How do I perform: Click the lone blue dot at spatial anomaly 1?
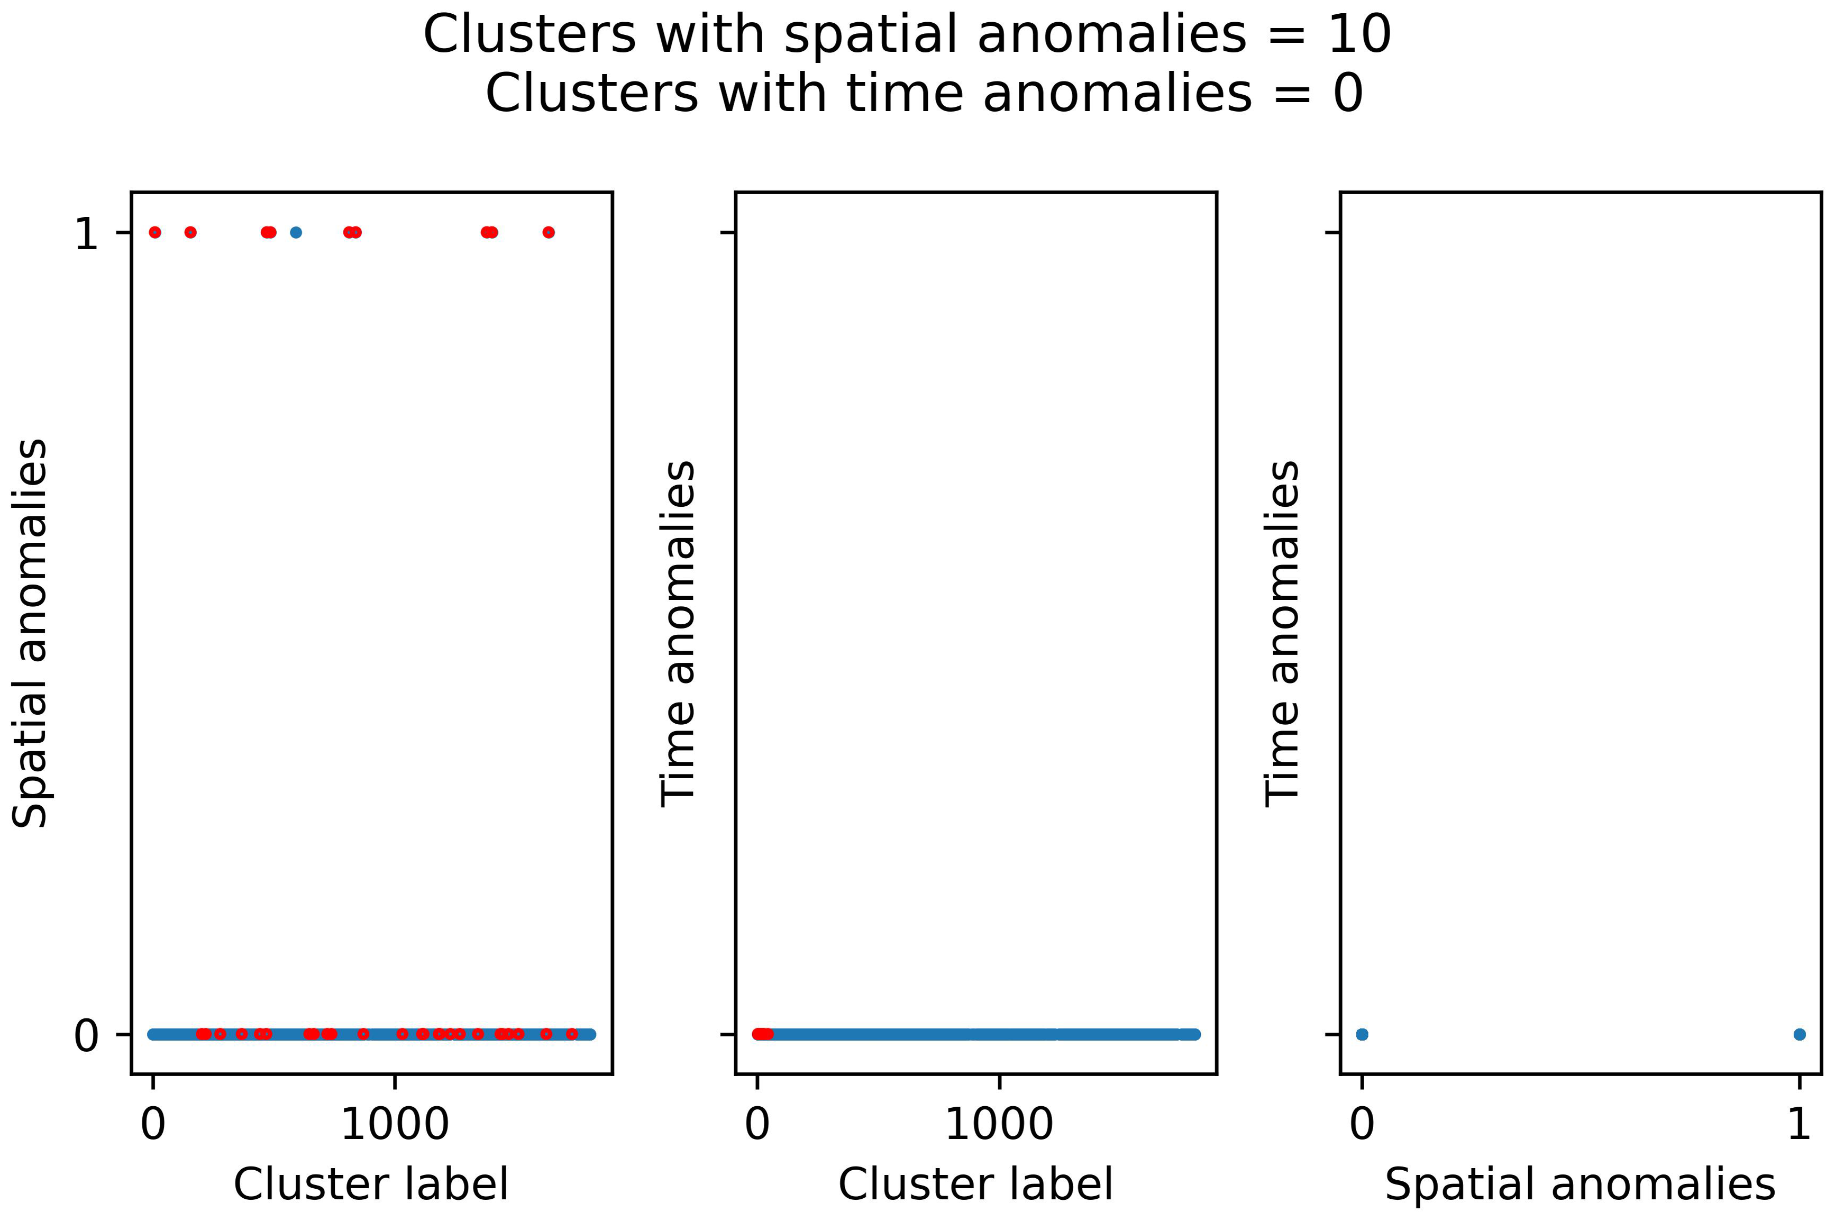tap(295, 232)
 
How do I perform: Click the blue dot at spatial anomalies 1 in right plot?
tap(1799, 1034)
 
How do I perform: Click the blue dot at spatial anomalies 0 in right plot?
tap(1362, 1034)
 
